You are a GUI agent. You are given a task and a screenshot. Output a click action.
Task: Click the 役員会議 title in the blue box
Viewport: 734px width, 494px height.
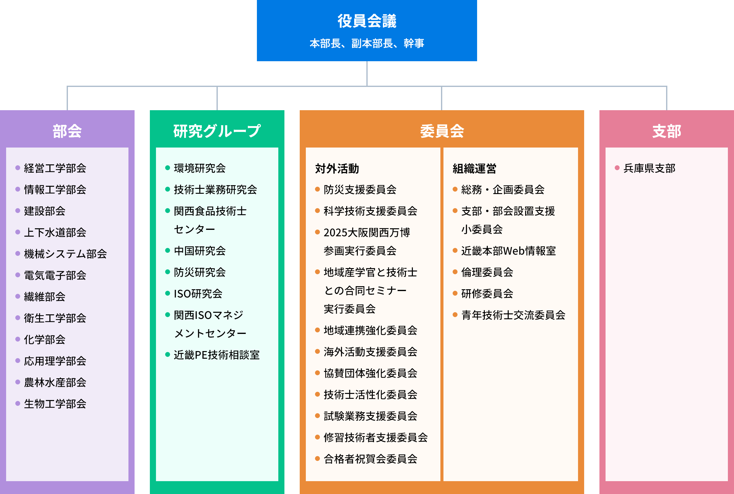pyautogui.click(x=367, y=21)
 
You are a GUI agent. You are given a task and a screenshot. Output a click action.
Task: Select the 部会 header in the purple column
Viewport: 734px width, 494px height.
pyautogui.click(x=67, y=131)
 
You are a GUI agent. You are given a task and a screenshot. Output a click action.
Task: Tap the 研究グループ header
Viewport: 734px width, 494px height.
pyautogui.click(x=217, y=131)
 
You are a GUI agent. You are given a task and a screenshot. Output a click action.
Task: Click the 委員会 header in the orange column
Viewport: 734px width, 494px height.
pyautogui.click(x=442, y=131)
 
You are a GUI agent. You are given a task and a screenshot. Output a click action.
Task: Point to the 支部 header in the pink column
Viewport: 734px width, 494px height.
pyautogui.click(x=667, y=131)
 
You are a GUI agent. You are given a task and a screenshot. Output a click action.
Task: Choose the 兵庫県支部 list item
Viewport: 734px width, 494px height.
pyautogui.click(x=649, y=168)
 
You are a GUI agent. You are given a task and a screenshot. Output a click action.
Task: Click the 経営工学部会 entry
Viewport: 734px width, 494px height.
pyautogui.click(x=55, y=168)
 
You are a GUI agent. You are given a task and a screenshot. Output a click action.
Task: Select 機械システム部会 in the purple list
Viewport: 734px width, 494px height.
pyautogui.click(x=65, y=254)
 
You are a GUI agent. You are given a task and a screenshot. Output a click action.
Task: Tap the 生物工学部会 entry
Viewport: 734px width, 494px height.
pyautogui.click(x=55, y=404)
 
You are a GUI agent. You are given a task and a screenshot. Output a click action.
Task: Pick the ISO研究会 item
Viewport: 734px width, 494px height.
pyautogui.click(x=198, y=294)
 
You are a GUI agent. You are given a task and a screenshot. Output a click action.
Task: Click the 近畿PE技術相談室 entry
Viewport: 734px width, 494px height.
pyautogui.click(x=217, y=355)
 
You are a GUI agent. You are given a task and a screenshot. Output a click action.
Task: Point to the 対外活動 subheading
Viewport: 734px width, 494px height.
pyautogui.click(x=337, y=169)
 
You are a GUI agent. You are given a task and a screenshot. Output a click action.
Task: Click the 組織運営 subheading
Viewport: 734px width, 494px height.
pyautogui.click(x=474, y=169)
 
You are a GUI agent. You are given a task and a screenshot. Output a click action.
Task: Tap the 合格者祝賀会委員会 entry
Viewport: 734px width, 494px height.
pyautogui.click(x=370, y=459)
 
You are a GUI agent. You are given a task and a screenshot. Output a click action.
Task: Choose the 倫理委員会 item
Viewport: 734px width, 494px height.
pyautogui.click(x=487, y=272)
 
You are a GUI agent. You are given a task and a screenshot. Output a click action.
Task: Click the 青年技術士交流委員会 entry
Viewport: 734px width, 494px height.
pyautogui.click(x=513, y=315)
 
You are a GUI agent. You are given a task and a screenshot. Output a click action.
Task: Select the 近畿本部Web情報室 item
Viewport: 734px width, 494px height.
pyautogui.click(x=508, y=251)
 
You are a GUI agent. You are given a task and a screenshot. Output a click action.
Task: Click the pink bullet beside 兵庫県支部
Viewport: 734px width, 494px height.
pyautogui.click(x=617, y=168)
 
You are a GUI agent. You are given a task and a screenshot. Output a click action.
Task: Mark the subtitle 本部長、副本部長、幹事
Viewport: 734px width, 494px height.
pyautogui.click(x=367, y=43)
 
